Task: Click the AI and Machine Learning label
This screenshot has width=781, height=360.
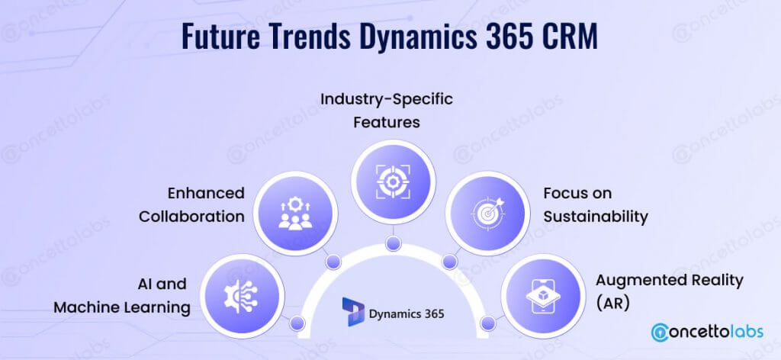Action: (122, 296)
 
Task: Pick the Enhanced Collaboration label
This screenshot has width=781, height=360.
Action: (191, 204)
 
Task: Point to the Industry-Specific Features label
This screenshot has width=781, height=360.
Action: (387, 110)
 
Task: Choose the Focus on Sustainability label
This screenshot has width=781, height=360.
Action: (596, 204)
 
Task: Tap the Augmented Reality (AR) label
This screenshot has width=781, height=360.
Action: (670, 291)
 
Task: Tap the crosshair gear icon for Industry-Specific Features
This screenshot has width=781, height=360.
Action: (393, 182)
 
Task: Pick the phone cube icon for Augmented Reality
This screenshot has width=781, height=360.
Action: (542, 296)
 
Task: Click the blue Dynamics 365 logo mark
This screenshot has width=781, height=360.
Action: (353, 311)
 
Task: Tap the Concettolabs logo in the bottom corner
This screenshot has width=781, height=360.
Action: (707, 332)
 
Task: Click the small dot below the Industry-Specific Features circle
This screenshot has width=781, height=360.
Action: (393, 243)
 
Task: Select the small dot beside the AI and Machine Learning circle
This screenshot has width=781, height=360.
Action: (297, 323)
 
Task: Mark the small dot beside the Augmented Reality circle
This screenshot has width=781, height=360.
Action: (489, 323)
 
